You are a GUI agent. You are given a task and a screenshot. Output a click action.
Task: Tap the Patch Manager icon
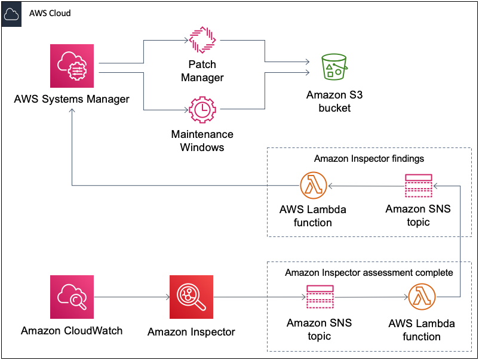pos(202,40)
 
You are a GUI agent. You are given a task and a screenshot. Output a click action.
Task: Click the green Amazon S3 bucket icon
pos(334,66)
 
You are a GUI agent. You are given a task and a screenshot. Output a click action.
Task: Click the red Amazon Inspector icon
pos(191,297)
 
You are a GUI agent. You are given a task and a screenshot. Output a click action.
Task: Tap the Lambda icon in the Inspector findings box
pos(312,186)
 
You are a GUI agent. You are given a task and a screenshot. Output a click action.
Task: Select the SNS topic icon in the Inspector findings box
pos(418,186)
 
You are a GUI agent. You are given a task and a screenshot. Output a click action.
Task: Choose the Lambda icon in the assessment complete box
pos(422,297)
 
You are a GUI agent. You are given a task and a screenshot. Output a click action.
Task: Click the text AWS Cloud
pos(50,13)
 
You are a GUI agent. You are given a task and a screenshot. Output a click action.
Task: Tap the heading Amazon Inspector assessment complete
pos(369,272)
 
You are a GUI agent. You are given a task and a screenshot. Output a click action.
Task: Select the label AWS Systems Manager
pos(72,99)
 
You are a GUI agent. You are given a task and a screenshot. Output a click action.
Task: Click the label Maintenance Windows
pos(202,141)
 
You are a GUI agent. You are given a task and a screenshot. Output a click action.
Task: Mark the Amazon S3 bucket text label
pos(334,101)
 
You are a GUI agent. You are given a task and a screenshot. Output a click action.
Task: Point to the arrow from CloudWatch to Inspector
pos(131,297)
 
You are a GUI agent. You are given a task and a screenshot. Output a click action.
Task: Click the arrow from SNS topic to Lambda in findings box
pos(364,186)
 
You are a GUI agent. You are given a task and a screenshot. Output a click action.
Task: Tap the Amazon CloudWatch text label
pos(72,331)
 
